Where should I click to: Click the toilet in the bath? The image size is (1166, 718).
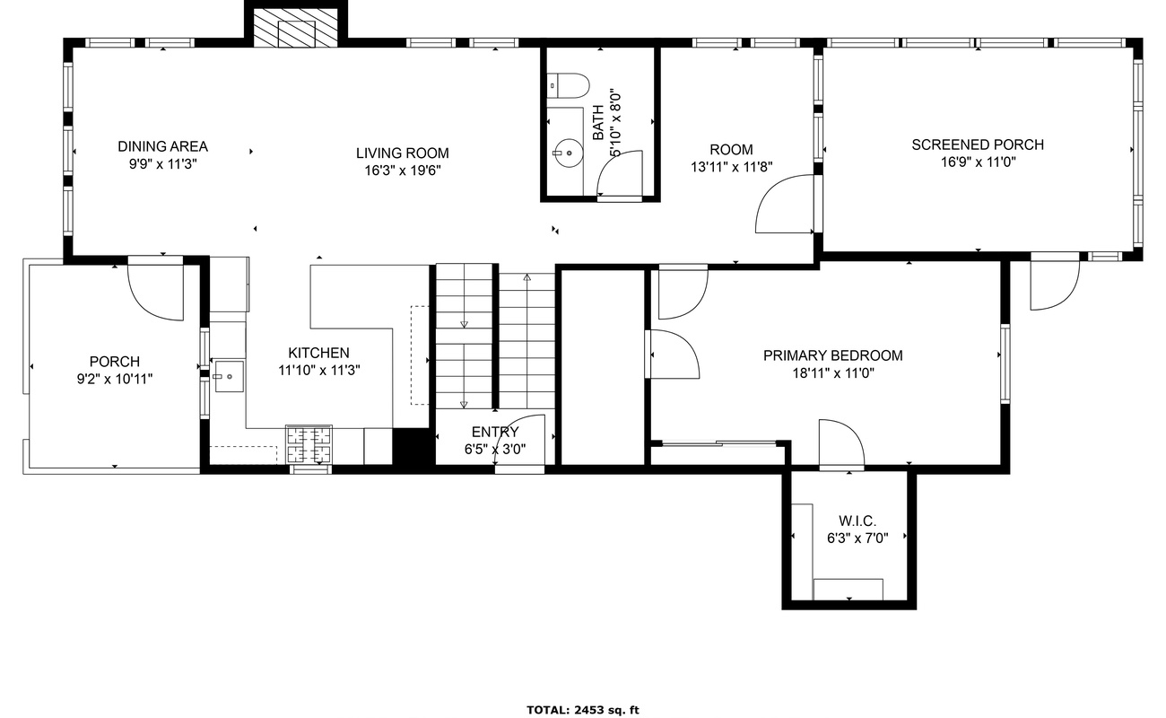pos(568,85)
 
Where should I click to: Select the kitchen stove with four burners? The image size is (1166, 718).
pos(309,444)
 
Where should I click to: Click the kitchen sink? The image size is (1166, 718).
pos(229,376)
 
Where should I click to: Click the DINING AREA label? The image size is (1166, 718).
pos(163,146)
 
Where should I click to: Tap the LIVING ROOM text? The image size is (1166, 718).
pos(403,153)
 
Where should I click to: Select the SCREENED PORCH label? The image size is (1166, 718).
pos(978,144)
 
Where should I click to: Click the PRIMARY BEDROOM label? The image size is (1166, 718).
pos(833,356)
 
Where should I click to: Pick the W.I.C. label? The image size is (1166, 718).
pos(857,521)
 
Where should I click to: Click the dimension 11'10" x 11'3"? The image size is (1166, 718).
pos(319,371)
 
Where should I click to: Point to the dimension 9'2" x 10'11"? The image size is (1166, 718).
pos(115,379)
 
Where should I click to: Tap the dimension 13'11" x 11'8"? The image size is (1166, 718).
pos(731,167)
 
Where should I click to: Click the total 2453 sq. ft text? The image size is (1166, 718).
pos(582,710)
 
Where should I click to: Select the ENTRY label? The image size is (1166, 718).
pos(495,432)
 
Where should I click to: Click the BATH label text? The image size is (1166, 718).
pos(598,122)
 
